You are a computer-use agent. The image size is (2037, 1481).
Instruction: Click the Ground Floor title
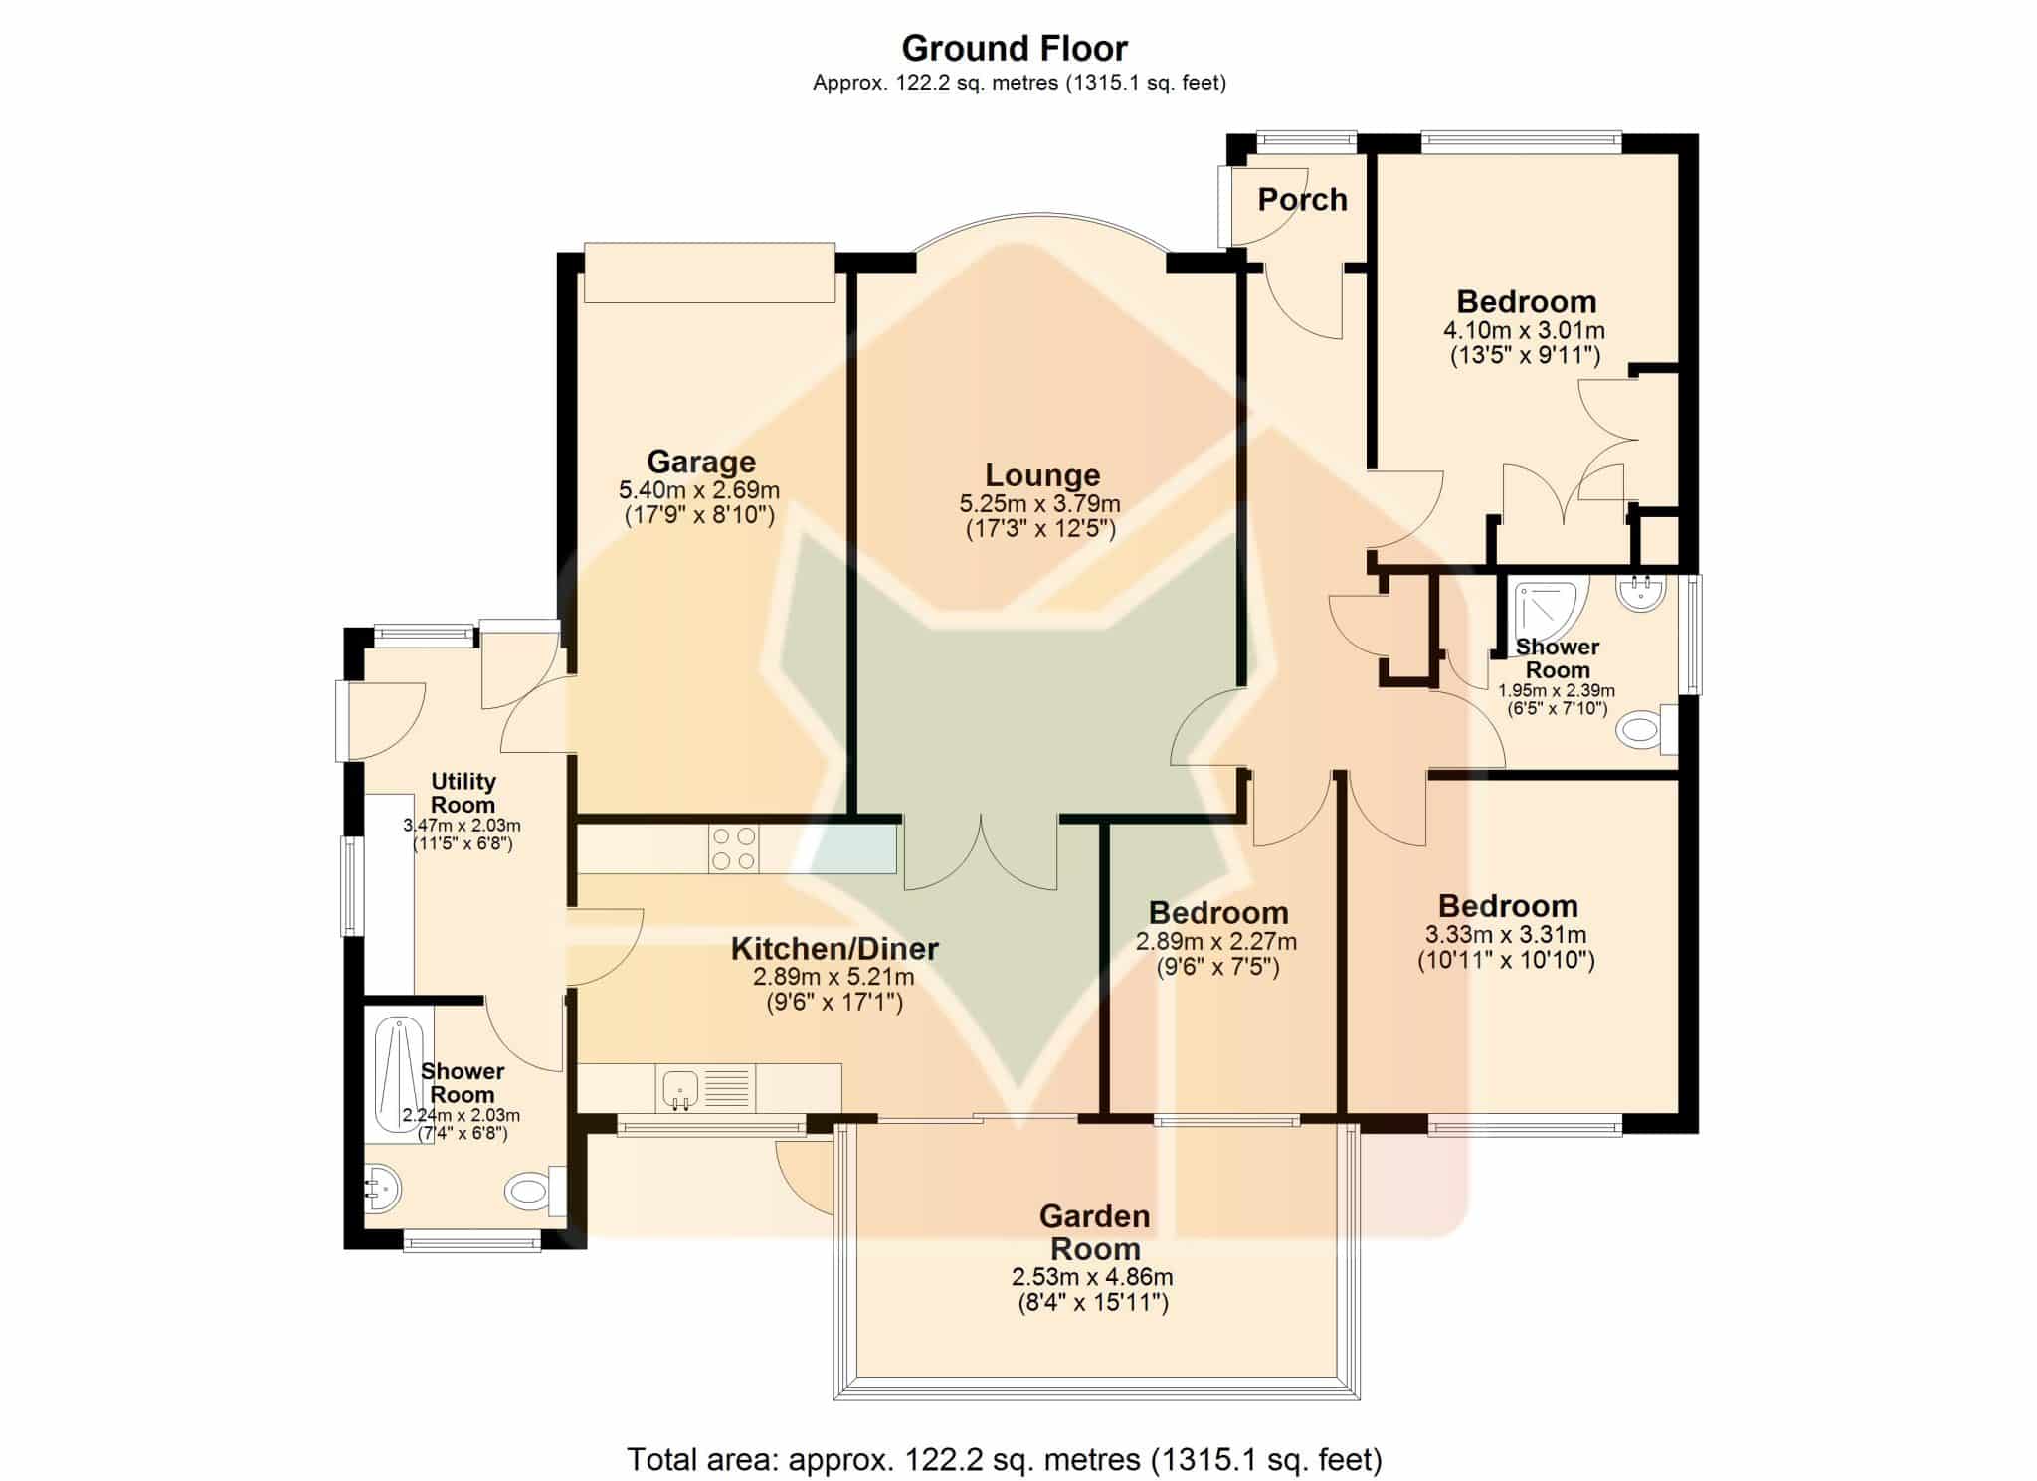1015,48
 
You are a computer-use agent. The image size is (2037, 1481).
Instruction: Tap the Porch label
1302,199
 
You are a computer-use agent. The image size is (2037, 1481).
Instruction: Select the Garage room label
701,462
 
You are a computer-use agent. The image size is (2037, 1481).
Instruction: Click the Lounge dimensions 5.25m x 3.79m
1040,503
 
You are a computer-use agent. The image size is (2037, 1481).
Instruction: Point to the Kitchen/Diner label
834,949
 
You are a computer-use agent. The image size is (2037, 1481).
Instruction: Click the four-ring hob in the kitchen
733,849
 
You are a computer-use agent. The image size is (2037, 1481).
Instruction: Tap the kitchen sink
680,1088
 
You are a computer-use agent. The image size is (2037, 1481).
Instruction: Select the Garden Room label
1095,1232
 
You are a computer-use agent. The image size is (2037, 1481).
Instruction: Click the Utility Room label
463,793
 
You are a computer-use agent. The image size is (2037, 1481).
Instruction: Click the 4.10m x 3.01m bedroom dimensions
1525,330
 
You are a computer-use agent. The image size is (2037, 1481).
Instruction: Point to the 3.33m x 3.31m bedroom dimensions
1506,935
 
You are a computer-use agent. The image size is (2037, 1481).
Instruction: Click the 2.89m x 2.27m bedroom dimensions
1216,941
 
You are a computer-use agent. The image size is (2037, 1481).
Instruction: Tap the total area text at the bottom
1005,1459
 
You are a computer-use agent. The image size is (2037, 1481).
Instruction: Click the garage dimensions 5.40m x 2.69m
699,490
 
